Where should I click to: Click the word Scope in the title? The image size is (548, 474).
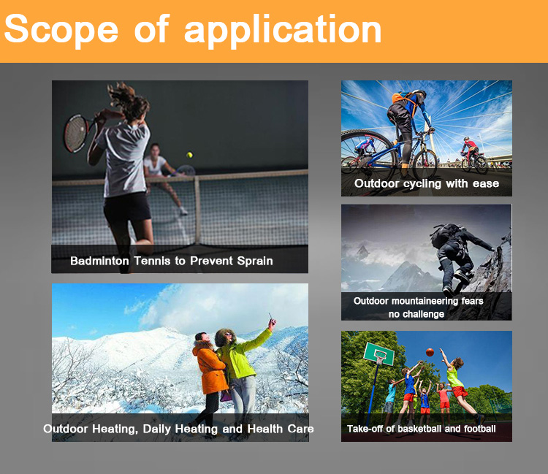(x=61, y=30)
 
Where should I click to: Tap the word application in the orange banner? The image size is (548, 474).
(x=283, y=31)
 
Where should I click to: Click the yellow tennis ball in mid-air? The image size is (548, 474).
(x=189, y=154)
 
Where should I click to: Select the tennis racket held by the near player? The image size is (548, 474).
(x=77, y=132)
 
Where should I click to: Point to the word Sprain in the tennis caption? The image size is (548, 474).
(x=255, y=261)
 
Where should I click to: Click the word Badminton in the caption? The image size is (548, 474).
(x=99, y=261)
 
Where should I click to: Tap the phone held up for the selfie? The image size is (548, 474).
(x=270, y=317)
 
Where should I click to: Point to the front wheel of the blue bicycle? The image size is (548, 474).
(x=425, y=164)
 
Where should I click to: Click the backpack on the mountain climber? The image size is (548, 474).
(x=444, y=235)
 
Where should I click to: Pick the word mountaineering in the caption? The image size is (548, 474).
(x=425, y=301)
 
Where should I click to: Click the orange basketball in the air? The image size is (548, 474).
(x=430, y=352)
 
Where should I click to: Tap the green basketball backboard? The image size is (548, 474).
(x=378, y=353)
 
